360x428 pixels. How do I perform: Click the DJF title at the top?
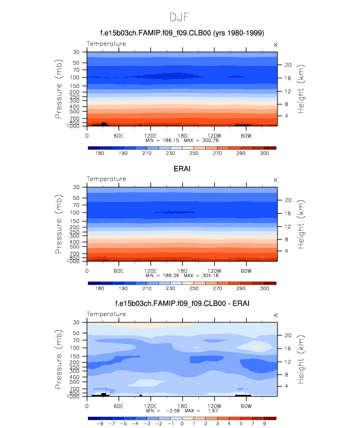point(180,17)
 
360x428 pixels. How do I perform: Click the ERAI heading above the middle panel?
point(182,169)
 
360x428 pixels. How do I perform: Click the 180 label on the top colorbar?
point(100,154)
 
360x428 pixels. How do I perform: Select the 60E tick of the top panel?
point(118,135)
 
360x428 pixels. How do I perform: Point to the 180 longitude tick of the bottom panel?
point(182,406)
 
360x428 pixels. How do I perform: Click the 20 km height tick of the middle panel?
point(288,200)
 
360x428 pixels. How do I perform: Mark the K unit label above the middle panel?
point(276,180)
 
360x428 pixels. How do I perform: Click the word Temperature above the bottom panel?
point(106,314)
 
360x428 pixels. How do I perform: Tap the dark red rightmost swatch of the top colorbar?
point(270,147)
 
